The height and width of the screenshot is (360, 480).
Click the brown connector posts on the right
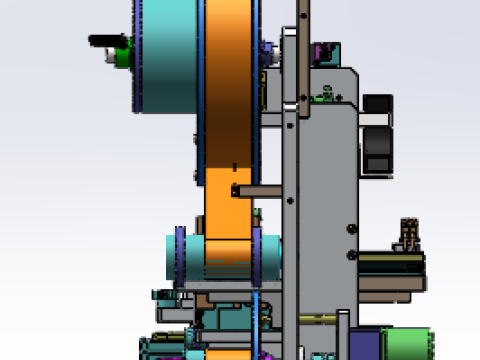pyautogui.click(x=408, y=234)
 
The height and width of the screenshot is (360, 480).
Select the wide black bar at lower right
pyautogui.click(x=390, y=265)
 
